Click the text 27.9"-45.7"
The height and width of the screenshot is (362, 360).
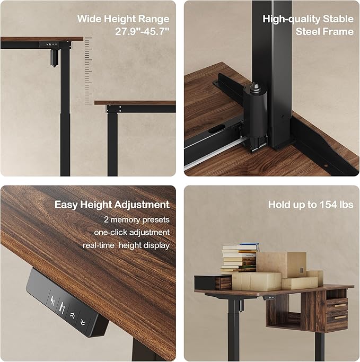[x=142, y=31]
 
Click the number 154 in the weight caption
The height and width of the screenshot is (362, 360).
[x=324, y=205]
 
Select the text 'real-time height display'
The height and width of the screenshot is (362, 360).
[x=126, y=245]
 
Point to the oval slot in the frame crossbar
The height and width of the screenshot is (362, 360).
[x=217, y=129]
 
